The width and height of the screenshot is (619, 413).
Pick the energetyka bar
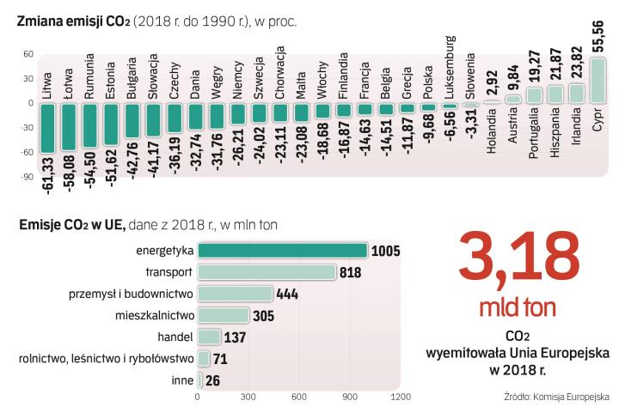[283, 250]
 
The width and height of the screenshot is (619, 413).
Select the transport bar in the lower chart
[267, 271]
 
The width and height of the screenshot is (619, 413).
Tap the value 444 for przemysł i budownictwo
[287, 294]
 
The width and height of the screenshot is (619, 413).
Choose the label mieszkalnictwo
[153, 315]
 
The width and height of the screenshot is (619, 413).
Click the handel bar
[209, 337]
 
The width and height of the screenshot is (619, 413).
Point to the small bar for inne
[200, 380]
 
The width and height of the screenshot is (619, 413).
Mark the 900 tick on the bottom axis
[348, 398]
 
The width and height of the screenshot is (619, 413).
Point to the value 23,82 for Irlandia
[577, 64]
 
